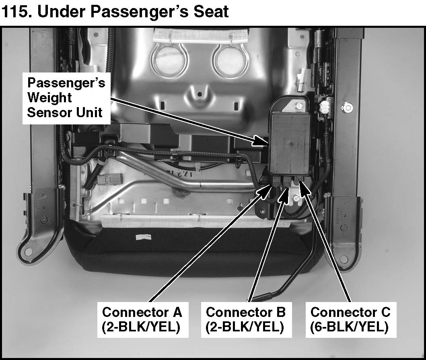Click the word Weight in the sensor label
(50, 97)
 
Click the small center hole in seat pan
(200, 94)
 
